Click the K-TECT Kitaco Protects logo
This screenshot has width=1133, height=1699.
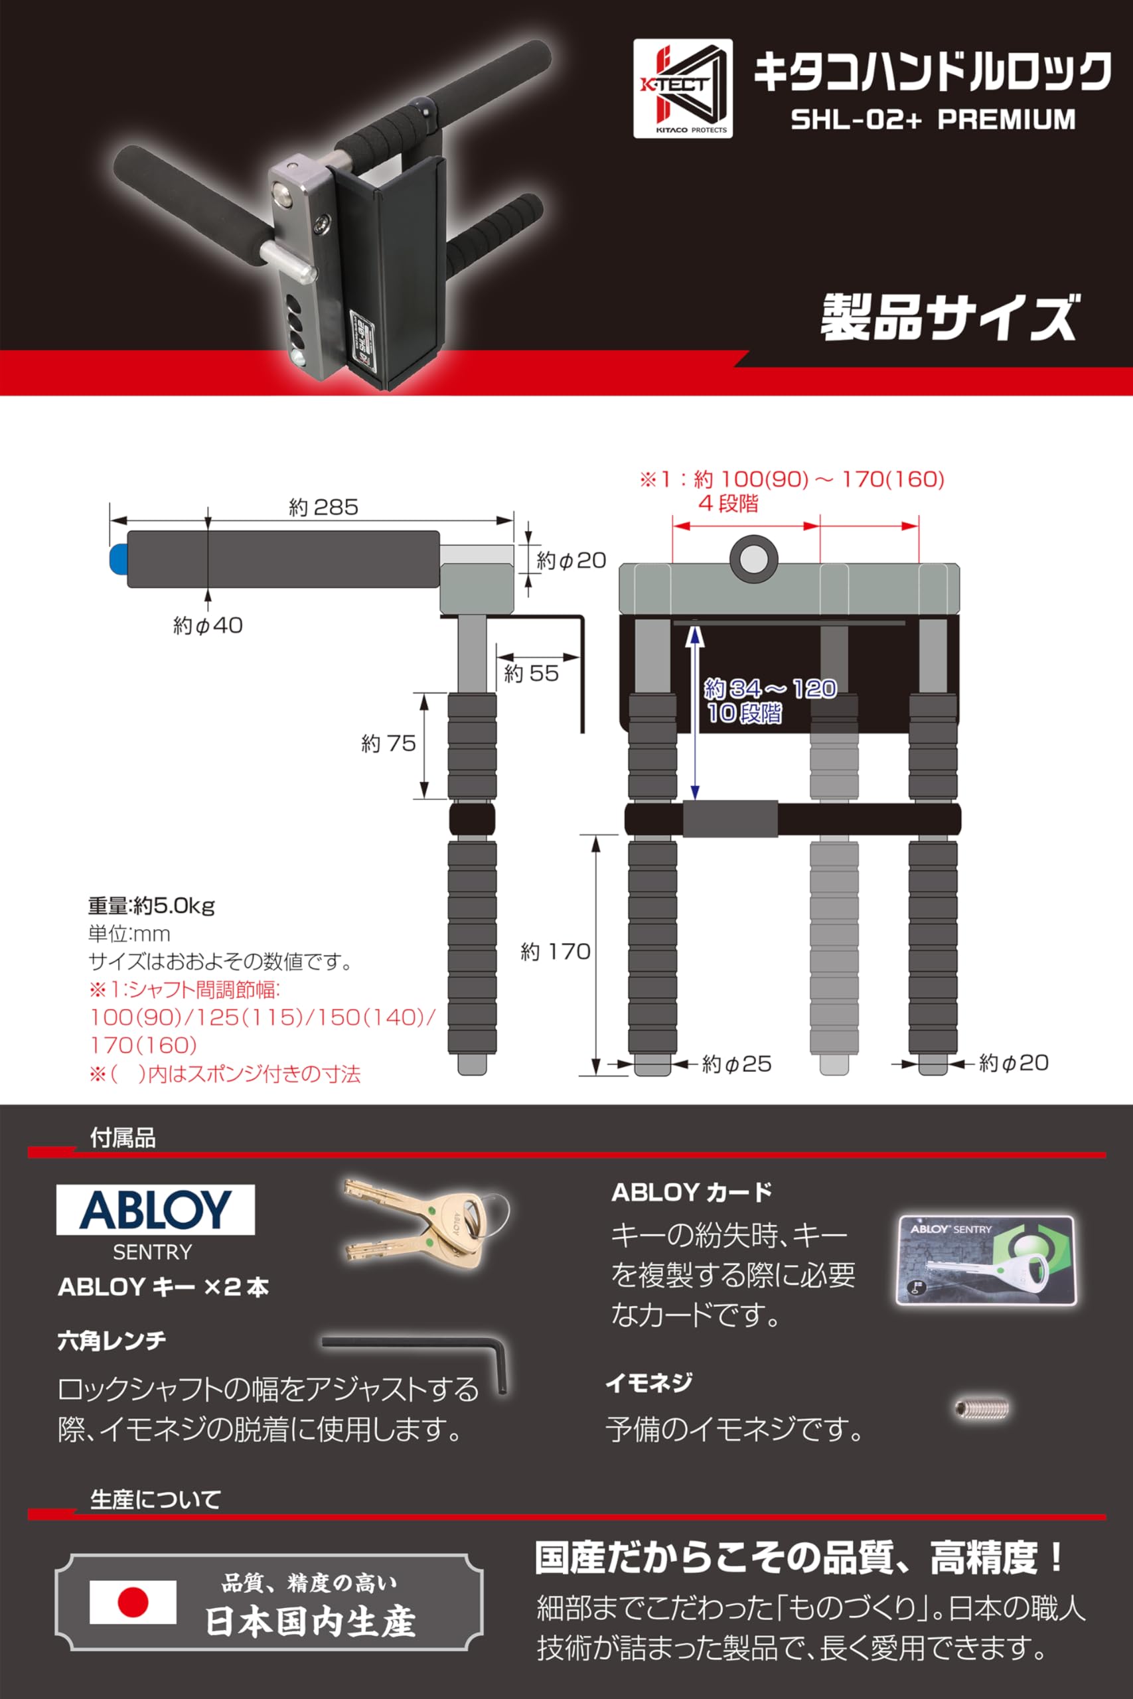click(682, 88)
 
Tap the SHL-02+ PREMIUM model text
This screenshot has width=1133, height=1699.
click(932, 119)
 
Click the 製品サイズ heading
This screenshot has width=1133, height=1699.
click(947, 317)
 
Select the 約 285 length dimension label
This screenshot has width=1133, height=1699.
click(323, 507)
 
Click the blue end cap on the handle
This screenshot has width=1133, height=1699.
click(117, 557)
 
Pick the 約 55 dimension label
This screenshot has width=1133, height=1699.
click(531, 673)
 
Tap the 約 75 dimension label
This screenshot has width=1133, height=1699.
click(388, 743)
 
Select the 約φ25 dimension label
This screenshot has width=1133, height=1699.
click(736, 1063)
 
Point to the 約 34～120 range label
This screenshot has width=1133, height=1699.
click(770, 688)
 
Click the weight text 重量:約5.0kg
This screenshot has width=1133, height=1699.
click(151, 905)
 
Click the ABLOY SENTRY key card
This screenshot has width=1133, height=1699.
click(986, 1259)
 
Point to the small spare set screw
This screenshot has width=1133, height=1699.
click(980, 1407)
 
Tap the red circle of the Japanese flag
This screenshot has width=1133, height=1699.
click(132, 1601)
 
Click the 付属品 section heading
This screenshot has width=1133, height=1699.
click(122, 1138)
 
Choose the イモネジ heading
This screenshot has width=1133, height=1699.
click(648, 1382)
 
